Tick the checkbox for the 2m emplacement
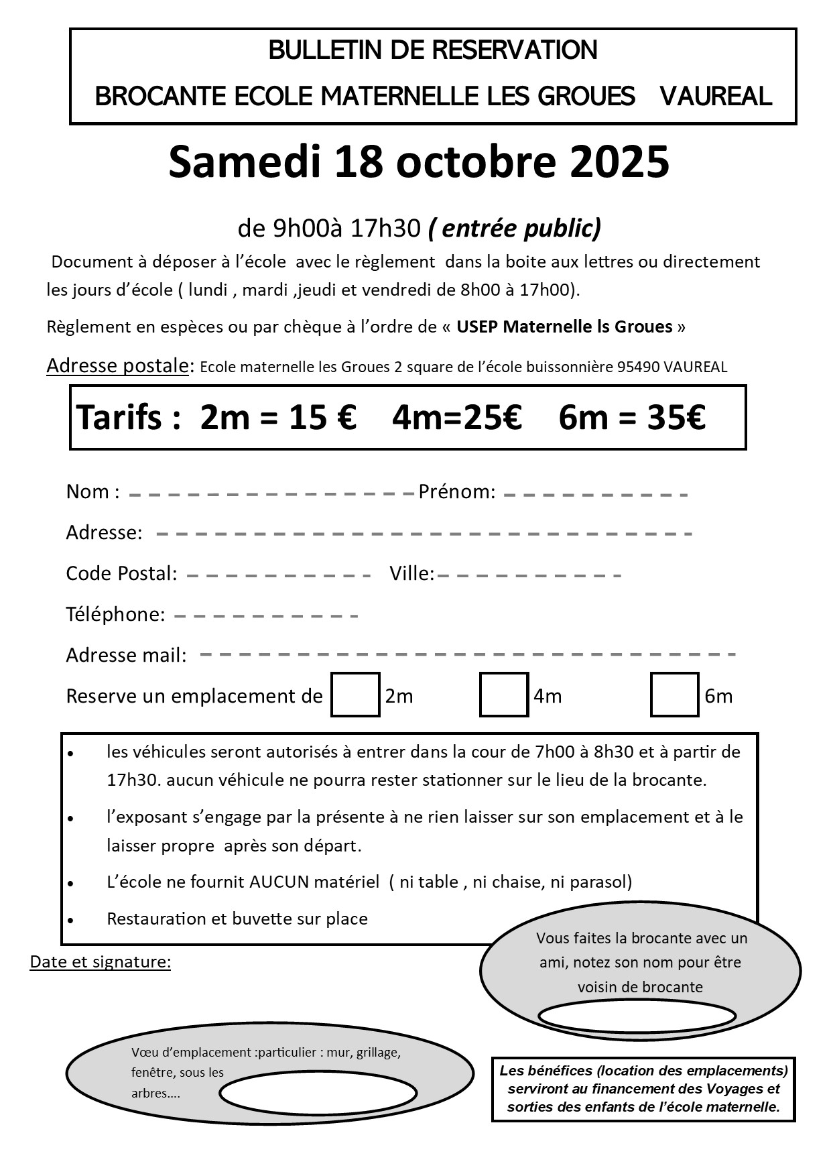(x=355, y=695)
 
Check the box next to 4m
(x=504, y=695)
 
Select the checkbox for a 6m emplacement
(x=674, y=695)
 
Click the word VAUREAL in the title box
(x=716, y=97)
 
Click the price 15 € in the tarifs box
(x=322, y=417)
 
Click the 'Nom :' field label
(x=92, y=492)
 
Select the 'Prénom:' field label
(x=456, y=492)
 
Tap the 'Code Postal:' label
(x=121, y=573)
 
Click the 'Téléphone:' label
(x=115, y=614)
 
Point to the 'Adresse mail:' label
(x=126, y=655)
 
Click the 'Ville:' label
(x=411, y=573)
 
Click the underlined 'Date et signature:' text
(x=101, y=962)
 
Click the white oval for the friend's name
(x=637, y=1016)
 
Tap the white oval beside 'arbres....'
(x=318, y=1093)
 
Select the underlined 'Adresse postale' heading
(x=117, y=366)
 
